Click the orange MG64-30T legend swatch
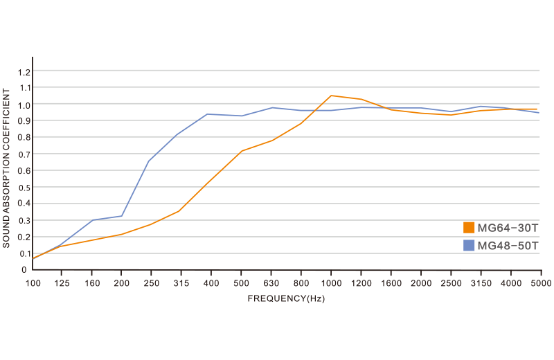[x=469, y=228]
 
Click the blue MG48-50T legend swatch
[x=469, y=245]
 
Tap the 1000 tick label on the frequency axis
[x=332, y=284]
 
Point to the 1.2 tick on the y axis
[x=25, y=71]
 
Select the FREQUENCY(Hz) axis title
[x=287, y=298]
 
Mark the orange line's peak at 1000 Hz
[x=332, y=96]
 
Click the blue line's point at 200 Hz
[x=122, y=216]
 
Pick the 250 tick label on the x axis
[x=152, y=284]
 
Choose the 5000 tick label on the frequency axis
[x=540, y=284]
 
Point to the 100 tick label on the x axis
[x=32, y=284]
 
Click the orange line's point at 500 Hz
[x=242, y=150]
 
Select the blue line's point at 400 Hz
[x=209, y=114]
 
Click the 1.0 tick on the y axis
[x=25, y=105]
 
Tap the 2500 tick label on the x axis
[x=452, y=284]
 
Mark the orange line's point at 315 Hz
[x=179, y=210]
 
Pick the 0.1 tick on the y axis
[x=25, y=253]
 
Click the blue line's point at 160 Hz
[x=92, y=220]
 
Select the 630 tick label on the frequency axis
[x=271, y=284]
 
